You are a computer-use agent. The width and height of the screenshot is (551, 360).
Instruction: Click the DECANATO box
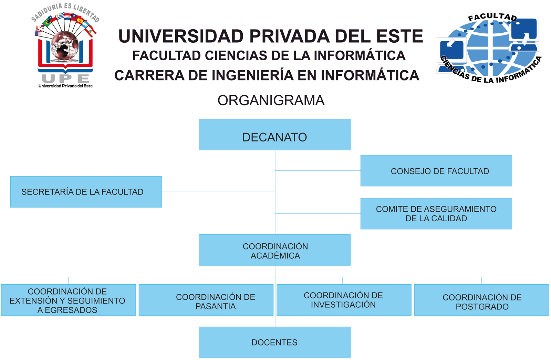click(x=274, y=135)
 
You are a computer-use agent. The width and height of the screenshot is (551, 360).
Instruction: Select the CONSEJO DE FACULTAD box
click(x=436, y=171)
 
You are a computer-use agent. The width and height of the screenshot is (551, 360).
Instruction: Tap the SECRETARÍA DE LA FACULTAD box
click(x=86, y=192)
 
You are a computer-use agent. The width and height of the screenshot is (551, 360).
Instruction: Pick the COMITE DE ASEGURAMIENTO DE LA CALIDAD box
click(x=436, y=214)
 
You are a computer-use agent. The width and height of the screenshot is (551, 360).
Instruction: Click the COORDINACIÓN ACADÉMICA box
click(x=274, y=250)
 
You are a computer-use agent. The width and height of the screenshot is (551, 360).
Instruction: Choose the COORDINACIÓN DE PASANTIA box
click(x=206, y=300)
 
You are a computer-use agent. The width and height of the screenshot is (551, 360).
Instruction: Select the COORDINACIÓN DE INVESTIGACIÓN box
click(x=344, y=300)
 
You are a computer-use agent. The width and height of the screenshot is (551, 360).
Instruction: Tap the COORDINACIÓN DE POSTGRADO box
click(x=482, y=300)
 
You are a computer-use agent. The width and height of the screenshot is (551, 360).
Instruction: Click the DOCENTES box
click(x=274, y=342)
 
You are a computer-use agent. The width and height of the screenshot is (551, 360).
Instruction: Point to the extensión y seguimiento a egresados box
click(x=69, y=300)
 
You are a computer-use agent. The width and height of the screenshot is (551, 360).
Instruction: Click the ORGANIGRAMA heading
click(x=271, y=100)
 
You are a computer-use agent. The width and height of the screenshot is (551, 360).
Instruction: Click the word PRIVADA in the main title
click(x=290, y=36)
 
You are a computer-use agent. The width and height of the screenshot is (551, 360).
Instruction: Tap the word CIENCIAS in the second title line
click(x=236, y=55)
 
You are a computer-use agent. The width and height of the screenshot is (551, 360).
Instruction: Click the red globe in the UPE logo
click(x=65, y=46)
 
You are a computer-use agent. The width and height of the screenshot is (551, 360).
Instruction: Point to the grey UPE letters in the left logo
click(x=66, y=79)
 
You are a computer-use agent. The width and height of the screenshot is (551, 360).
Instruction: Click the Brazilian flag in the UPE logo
click(x=47, y=23)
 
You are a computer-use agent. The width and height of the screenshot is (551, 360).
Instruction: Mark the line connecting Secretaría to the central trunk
click(x=218, y=192)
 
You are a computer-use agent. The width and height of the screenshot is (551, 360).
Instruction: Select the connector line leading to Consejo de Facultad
click(x=318, y=171)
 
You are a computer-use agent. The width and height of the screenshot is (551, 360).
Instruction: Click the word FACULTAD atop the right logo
click(x=492, y=17)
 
